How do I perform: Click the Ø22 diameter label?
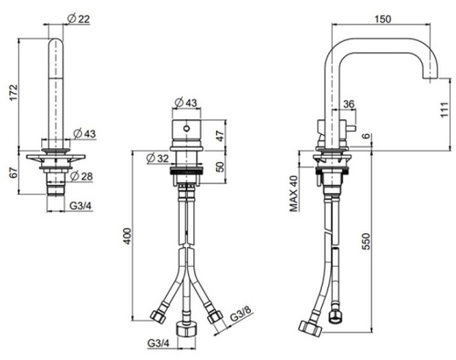[x=79, y=18]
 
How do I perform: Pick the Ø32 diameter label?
[x=156, y=157]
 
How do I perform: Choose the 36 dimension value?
[x=350, y=106]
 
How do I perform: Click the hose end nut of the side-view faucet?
[x=307, y=326]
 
